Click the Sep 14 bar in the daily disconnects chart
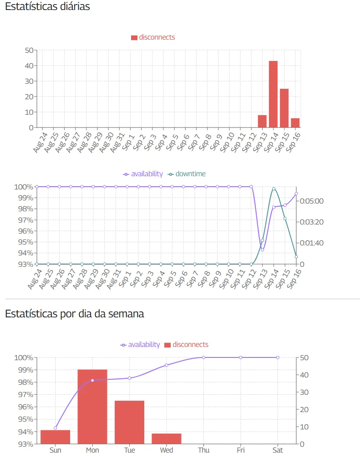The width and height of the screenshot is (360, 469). pyautogui.click(x=273, y=94)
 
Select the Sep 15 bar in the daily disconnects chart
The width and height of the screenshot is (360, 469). pyautogui.click(x=284, y=108)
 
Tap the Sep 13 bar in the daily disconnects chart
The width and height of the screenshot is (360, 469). pyautogui.click(x=262, y=121)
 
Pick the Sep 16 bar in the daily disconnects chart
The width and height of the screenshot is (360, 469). pyautogui.click(x=295, y=122)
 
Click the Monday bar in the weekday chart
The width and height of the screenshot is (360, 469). pyautogui.click(x=92, y=407)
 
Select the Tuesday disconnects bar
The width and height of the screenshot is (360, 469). pyautogui.click(x=129, y=423)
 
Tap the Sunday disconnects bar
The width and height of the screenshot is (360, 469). pyautogui.click(x=56, y=437)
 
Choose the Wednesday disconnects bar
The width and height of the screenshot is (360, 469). pyautogui.click(x=167, y=439)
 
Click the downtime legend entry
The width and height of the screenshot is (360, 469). pyautogui.click(x=187, y=174)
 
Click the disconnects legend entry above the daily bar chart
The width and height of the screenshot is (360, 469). pyautogui.click(x=153, y=37)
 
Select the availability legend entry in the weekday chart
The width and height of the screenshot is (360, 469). pyautogui.click(x=140, y=345)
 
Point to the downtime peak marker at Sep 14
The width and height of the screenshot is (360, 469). pyautogui.click(x=274, y=189)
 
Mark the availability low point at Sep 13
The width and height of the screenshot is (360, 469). pyautogui.click(x=263, y=250)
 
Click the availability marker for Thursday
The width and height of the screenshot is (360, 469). pyautogui.click(x=203, y=357)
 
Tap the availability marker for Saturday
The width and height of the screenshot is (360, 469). pyautogui.click(x=278, y=357)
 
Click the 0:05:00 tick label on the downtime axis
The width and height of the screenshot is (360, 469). pyautogui.click(x=312, y=201)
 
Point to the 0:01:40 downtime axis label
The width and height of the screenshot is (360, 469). pyautogui.click(x=312, y=243)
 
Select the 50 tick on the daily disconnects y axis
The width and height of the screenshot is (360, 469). pyautogui.click(x=29, y=50)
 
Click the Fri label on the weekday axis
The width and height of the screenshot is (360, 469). pyautogui.click(x=241, y=450)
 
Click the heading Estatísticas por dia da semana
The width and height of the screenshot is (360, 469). pyautogui.click(x=75, y=314)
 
